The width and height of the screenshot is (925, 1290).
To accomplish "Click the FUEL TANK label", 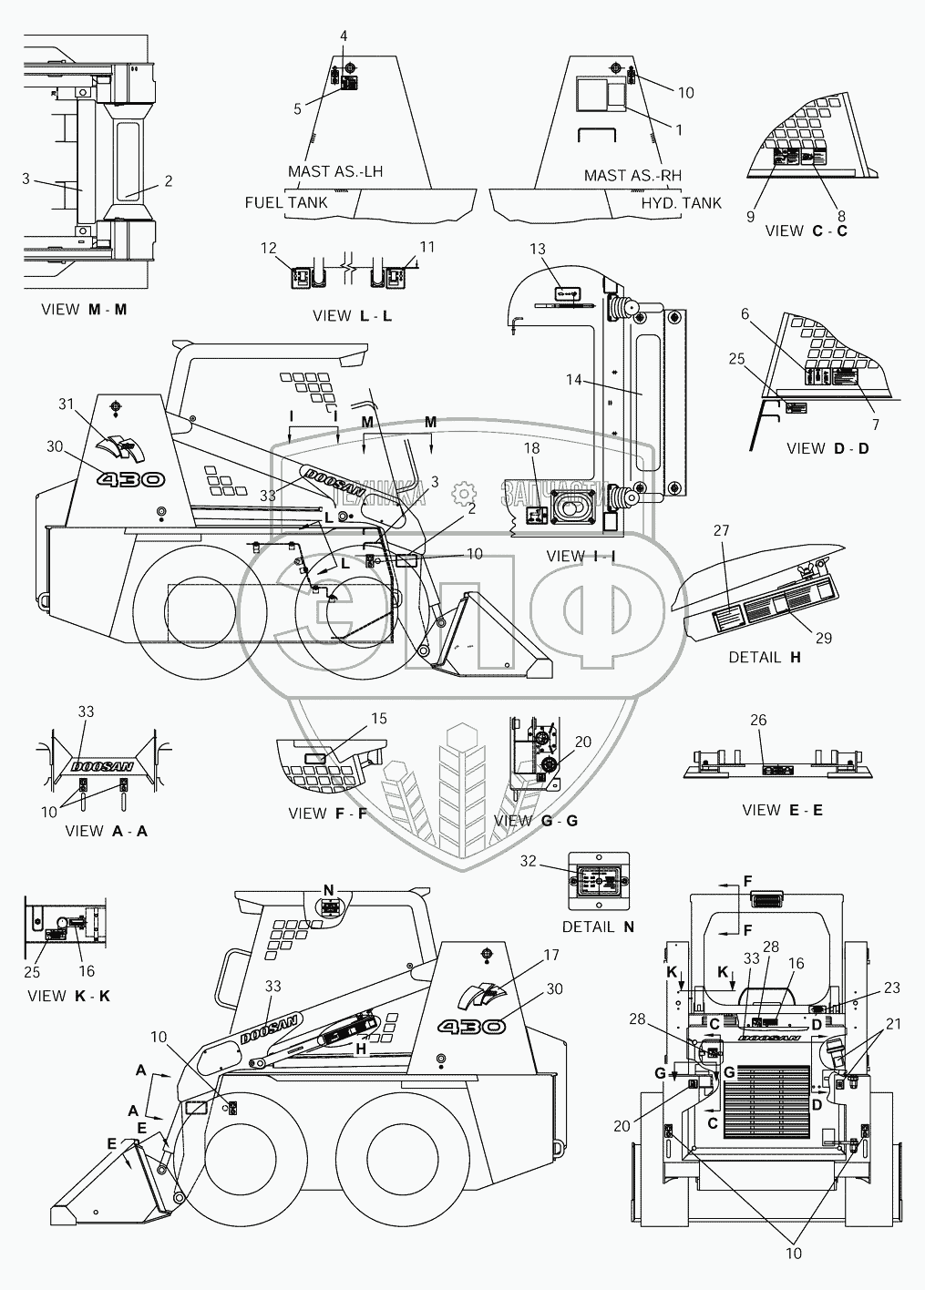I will click(x=285, y=202).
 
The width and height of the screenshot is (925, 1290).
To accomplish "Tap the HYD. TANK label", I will click(x=681, y=202).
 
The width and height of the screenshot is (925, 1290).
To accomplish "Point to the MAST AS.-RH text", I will click(x=632, y=175).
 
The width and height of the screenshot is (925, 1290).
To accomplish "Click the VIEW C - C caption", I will click(x=807, y=230).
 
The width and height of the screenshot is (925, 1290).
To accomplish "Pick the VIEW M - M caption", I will click(x=84, y=309).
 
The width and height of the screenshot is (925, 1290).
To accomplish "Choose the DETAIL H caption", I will click(x=764, y=657).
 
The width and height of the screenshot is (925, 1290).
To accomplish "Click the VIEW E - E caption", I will click(x=782, y=810).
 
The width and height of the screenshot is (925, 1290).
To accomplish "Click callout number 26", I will click(x=757, y=720).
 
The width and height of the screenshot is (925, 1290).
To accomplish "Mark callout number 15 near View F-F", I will click(x=378, y=719).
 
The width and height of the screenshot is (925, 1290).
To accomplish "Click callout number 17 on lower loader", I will click(x=550, y=956).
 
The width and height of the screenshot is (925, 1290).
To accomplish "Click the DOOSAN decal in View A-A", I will click(x=100, y=766).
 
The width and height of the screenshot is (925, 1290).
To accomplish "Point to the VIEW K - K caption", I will click(x=68, y=996).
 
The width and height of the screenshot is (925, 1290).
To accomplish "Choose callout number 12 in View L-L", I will click(x=267, y=247).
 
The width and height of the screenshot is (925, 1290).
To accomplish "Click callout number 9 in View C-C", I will click(x=750, y=216).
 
